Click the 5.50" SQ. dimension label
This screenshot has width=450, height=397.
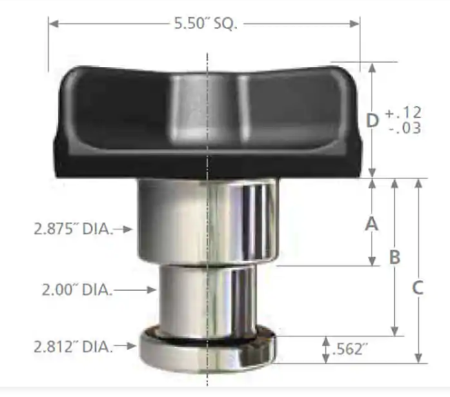[x=206, y=23]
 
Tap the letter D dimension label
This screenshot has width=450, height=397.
[x=372, y=121]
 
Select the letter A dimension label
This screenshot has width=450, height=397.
[x=371, y=224]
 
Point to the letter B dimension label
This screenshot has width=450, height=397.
[x=395, y=257]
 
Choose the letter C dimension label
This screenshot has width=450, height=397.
[x=418, y=287]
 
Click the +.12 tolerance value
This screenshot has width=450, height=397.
[x=403, y=112]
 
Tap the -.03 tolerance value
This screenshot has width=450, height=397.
[x=405, y=128]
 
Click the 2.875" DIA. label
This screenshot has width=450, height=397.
[x=72, y=229]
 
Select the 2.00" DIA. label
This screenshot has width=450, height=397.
[x=76, y=289]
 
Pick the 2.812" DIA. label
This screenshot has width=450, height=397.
[x=72, y=347]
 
